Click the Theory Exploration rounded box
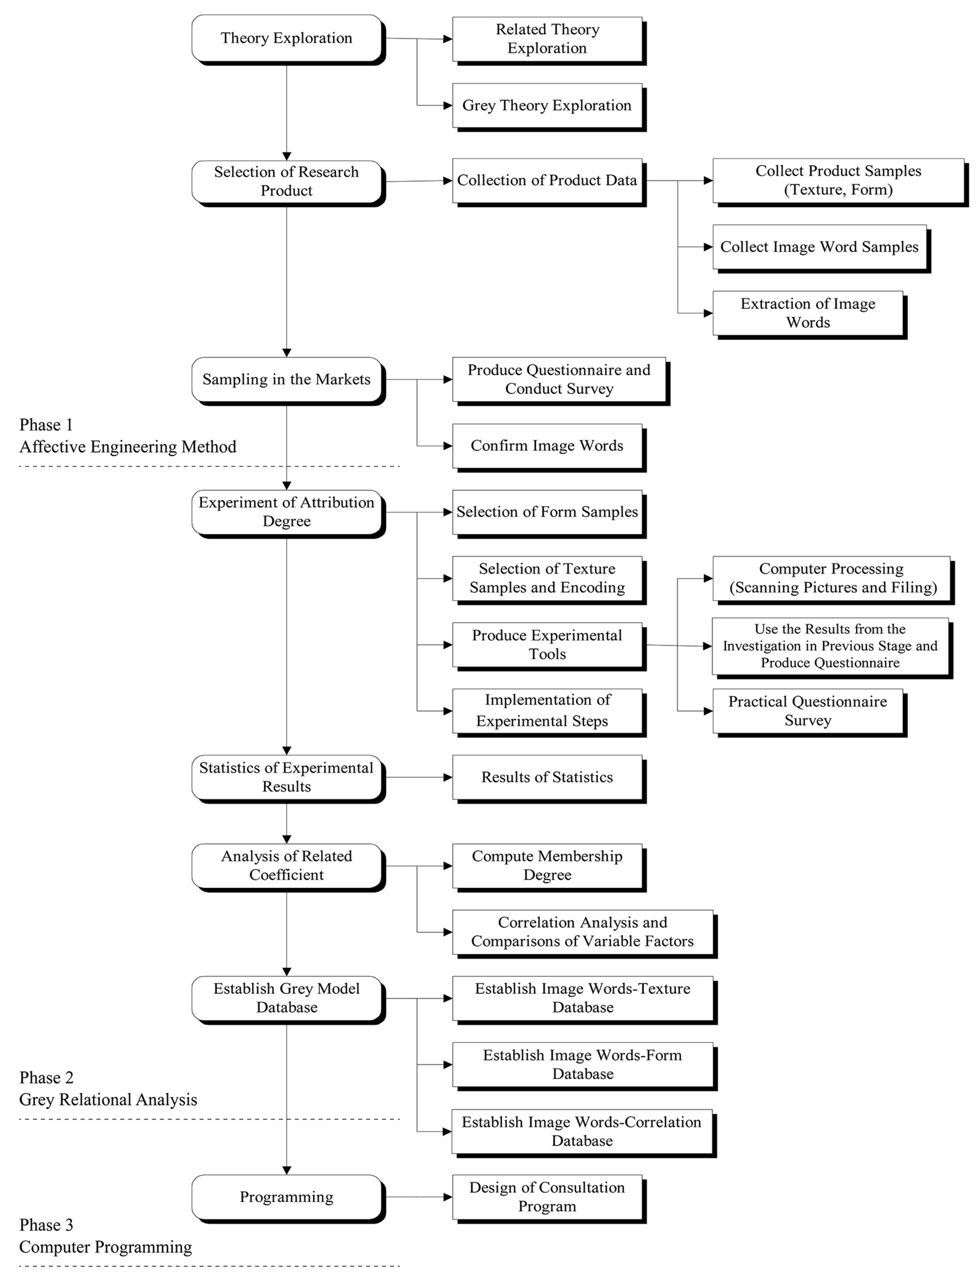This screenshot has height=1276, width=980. coord(286,38)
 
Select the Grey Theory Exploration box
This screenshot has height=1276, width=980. coord(547,106)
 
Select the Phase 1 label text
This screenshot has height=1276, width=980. coord(46,425)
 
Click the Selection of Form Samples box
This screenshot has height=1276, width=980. coord(547,512)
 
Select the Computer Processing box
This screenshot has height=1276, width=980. coord(831,578)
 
